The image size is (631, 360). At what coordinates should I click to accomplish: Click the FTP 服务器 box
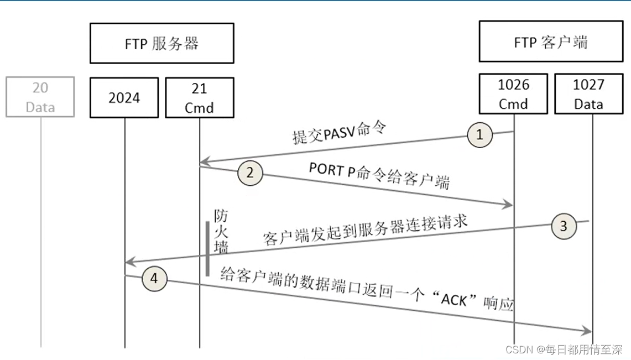point(161,43)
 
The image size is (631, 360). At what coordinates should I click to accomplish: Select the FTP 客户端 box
point(550,41)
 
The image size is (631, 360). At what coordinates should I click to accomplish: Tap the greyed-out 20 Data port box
point(40,97)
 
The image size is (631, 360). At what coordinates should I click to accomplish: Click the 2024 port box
point(124,98)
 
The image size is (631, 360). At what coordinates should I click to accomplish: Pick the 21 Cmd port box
point(199,98)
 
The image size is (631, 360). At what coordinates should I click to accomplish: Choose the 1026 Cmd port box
point(513,95)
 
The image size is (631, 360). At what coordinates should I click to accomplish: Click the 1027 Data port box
point(588,95)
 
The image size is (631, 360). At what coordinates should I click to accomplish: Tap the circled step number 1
point(479,134)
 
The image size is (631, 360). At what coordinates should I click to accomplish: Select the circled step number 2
point(250,173)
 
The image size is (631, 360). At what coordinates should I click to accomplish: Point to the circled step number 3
point(564,226)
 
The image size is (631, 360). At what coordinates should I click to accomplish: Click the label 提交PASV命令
point(338,133)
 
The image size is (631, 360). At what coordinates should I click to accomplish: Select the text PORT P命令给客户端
point(379,176)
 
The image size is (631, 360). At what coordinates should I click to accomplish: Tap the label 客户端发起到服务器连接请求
point(366,230)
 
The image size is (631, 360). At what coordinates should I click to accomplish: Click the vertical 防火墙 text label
point(221,231)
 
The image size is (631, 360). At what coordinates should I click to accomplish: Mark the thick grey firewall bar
point(207,249)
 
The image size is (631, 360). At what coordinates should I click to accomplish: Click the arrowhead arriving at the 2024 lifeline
point(129,261)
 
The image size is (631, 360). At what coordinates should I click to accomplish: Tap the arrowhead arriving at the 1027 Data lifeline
point(587,331)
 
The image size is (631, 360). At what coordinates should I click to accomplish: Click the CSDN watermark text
point(564,349)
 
